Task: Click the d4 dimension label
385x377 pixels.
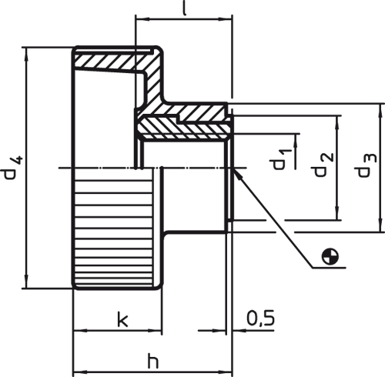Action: [x=13, y=167]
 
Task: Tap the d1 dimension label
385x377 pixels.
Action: [x=280, y=159]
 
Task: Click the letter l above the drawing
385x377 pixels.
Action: [x=184, y=8]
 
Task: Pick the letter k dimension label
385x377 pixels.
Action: [x=122, y=319]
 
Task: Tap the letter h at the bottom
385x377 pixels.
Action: [x=153, y=361]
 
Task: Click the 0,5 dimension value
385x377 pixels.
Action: [x=260, y=319]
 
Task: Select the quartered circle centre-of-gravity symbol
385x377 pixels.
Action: [x=330, y=256]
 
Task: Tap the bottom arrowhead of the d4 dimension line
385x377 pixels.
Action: [x=26, y=282]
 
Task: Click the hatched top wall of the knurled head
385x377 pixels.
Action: [x=113, y=62]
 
